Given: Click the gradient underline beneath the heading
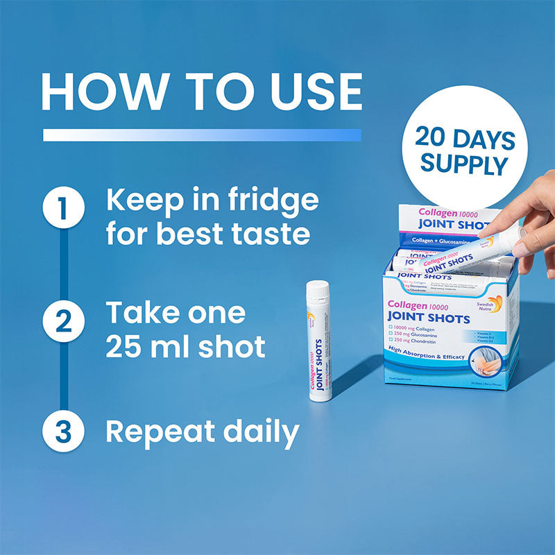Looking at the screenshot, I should pyautogui.click(x=202, y=135).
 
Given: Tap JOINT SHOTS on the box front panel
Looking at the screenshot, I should pyautogui.click(x=429, y=318).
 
